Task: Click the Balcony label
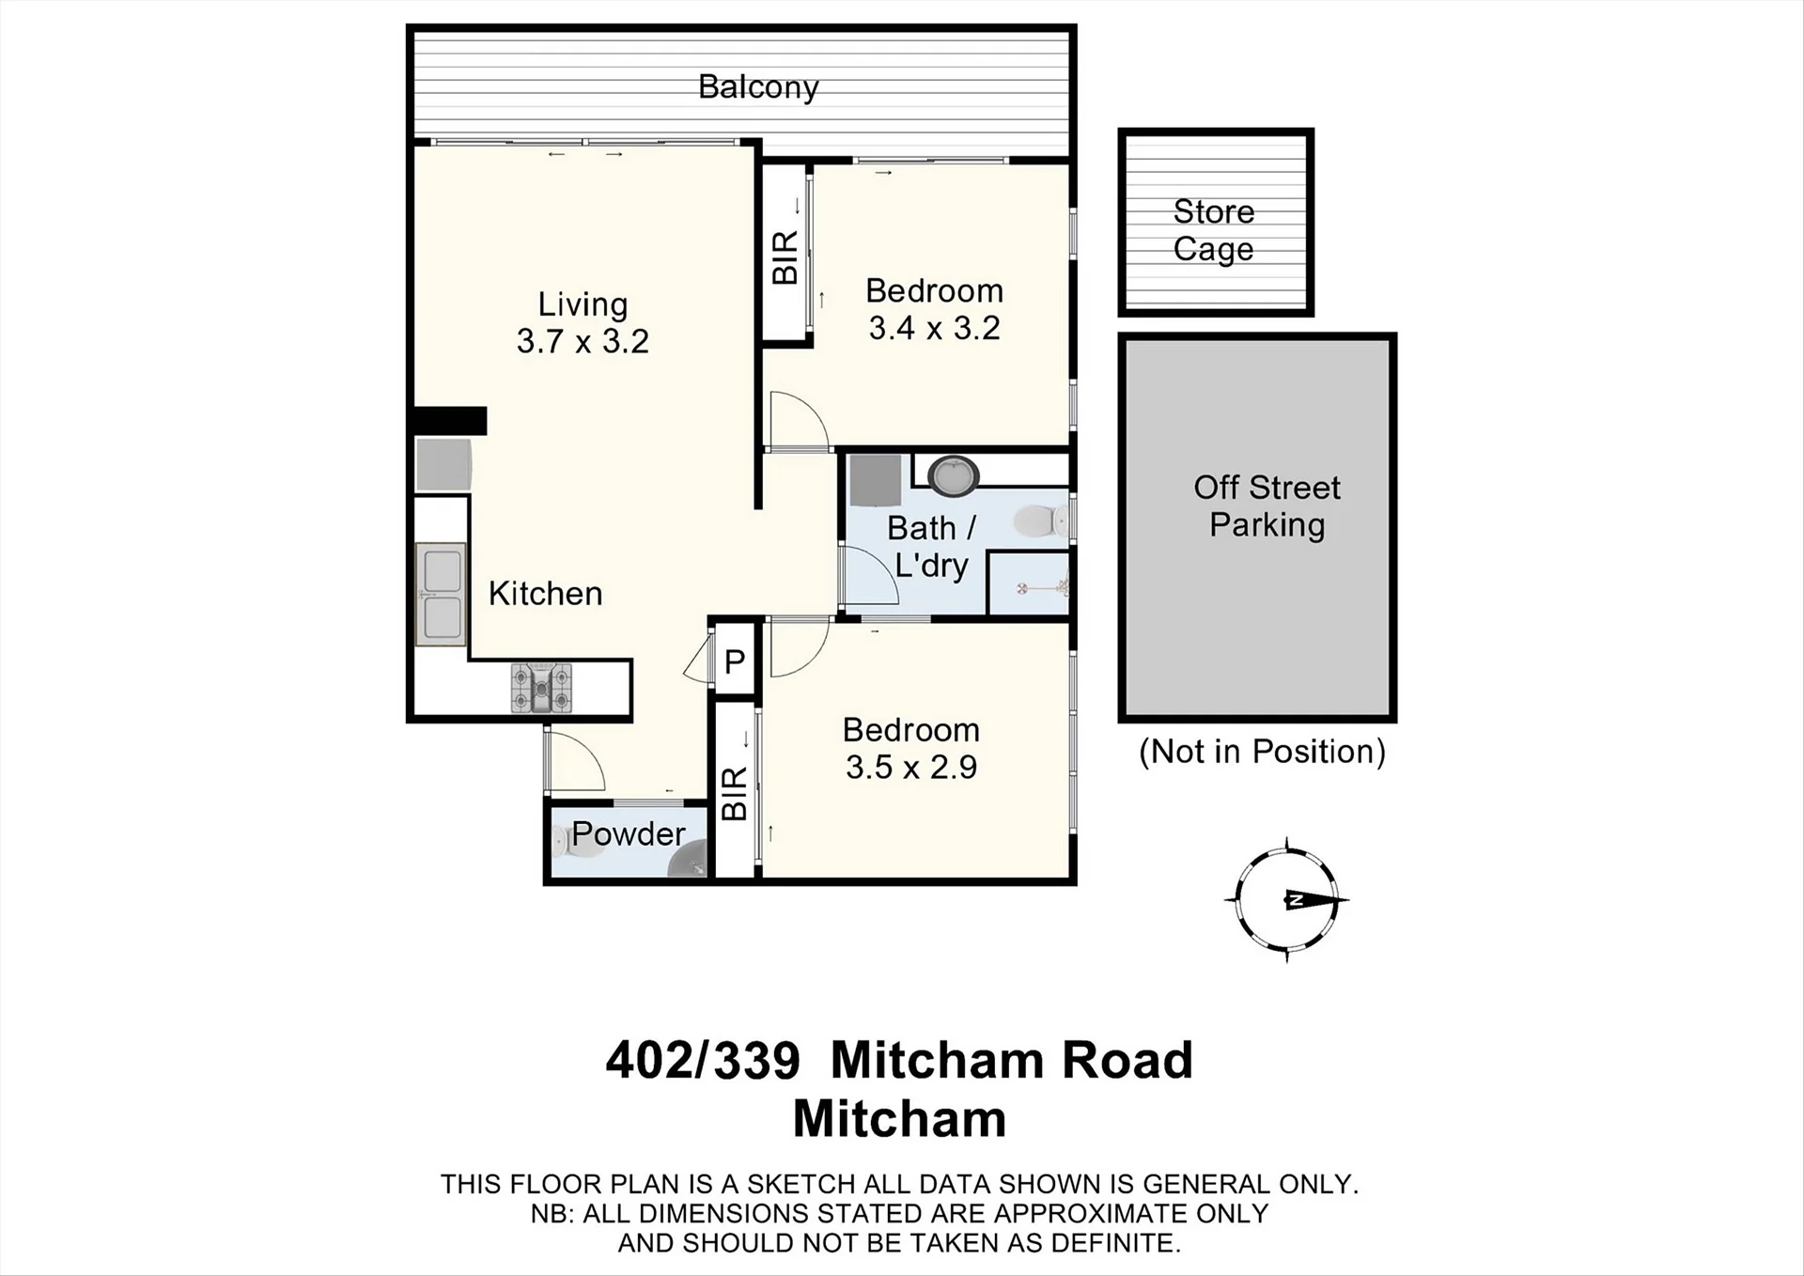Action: (758, 87)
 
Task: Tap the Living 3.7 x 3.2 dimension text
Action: (583, 340)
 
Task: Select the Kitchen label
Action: (545, 594)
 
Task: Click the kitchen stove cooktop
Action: (542, 688)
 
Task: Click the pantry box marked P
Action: (735, 661)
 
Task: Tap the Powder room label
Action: (628, 833)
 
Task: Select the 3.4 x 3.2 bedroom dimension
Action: (934, 328)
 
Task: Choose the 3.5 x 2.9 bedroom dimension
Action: (911, 767)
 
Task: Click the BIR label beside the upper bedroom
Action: (785, 257)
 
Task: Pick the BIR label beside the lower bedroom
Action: (734, 794)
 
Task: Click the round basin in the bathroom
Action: (954, 475)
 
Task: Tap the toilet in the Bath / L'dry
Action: (1041, 520)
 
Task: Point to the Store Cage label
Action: (1214, 230)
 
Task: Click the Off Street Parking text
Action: (1267, 506)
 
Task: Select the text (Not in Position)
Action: (1262, 752)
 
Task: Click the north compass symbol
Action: (1287, 900)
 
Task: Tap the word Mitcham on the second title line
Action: (899, 1118)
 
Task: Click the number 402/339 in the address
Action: (703, 1060)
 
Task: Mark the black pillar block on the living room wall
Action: (451, 420)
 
